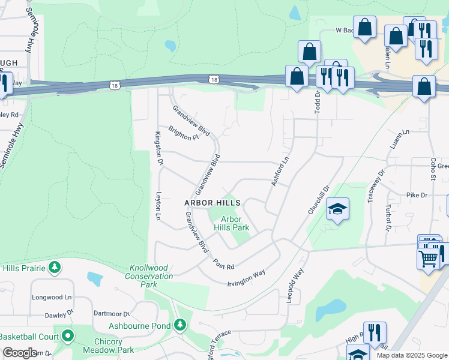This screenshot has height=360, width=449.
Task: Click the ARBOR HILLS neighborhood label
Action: [212, 203]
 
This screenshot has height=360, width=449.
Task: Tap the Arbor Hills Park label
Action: [232, 224]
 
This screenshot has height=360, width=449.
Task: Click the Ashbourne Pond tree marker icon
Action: [179, 325]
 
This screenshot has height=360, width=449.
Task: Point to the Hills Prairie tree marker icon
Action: [55, 267]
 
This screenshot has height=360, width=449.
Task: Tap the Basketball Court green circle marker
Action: [68, 336]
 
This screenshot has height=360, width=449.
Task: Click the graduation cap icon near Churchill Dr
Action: [337, 209]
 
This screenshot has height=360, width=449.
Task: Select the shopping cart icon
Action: [428, 259]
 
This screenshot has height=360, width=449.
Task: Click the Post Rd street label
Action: [223, 263]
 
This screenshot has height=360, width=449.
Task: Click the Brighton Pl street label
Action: [183, 133]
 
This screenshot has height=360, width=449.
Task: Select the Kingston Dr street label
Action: [159, 148]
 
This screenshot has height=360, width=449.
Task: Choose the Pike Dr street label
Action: [417, 195]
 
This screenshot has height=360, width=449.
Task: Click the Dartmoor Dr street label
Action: [112, 313]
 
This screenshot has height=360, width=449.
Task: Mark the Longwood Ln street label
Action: [52, 296]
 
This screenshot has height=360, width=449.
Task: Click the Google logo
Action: [20, 353]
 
